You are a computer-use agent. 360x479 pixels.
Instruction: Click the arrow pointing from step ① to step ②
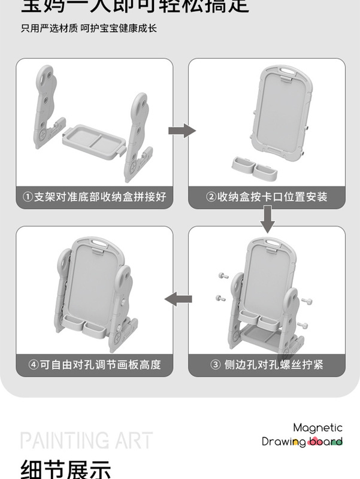pos(181,131)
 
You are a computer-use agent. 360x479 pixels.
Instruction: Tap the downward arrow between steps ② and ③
pos(268,219)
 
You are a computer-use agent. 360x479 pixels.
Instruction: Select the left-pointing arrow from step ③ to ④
pos(179,299)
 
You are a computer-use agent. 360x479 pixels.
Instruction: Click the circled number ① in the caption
pos(28,196)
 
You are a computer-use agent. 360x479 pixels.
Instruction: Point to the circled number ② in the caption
pos(211,196)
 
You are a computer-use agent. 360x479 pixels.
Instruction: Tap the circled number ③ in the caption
pos(216,363)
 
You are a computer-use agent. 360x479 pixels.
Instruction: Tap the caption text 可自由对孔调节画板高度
pos(100,363)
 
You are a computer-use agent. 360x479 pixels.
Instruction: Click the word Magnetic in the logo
pos(317,428)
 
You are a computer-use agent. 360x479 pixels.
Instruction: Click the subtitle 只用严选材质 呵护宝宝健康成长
pos(89,28)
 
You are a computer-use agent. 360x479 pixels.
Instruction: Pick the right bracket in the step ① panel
pos(137,138)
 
